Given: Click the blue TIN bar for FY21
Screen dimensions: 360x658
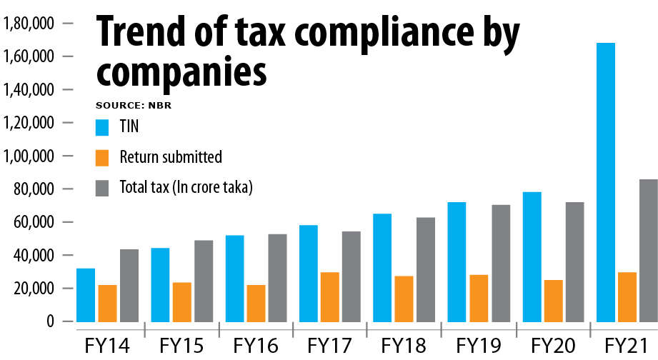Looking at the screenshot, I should click(x=605, y=182).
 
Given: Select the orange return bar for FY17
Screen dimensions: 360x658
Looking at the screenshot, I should click(x=330, y=296).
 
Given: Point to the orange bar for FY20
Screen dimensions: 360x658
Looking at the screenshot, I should click(x=552, y=300).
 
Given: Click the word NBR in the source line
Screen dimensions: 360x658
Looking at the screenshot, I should click(x=162, y=106).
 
